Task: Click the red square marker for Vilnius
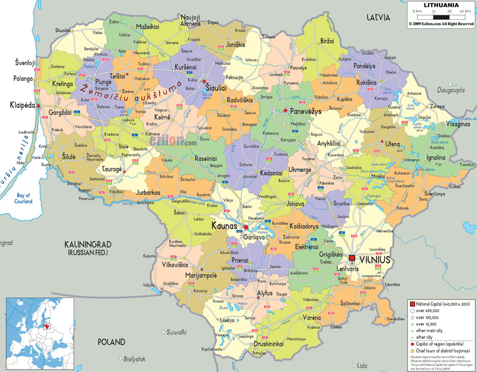point(352,258)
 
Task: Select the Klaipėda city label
point(23,105)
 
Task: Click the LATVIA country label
point(379,17)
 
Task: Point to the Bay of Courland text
point(23,198)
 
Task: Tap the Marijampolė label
point(201,275)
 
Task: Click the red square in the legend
point(412,303)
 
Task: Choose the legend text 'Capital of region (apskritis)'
point(441,344)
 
